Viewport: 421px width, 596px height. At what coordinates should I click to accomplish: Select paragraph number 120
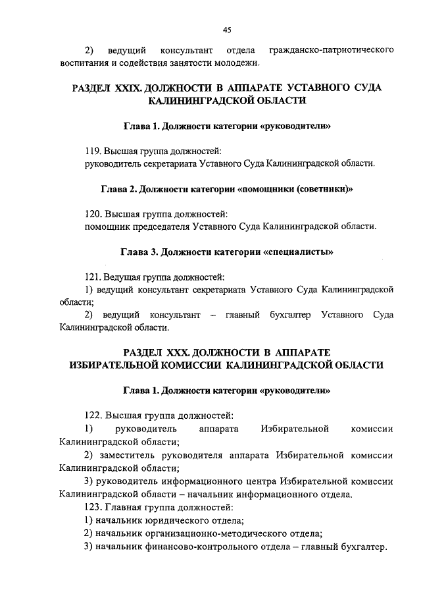click(96, 214)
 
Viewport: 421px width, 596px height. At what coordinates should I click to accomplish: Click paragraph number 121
click(95, 277)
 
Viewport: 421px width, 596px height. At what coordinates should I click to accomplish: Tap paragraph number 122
click(96, 416)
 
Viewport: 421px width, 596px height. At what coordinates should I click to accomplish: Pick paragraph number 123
click(96, 508)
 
